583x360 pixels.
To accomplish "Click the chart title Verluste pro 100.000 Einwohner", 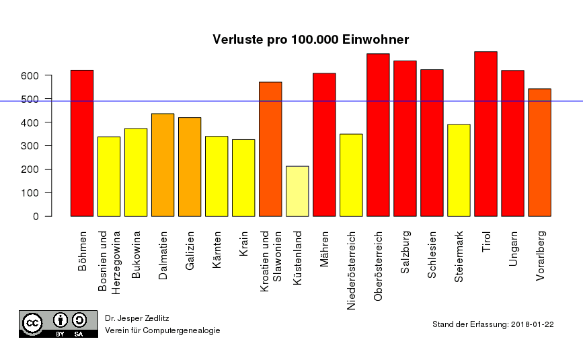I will pyautogui.click(x=311, y=40).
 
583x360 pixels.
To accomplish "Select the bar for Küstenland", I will pyautogui.click(x=297, y=191).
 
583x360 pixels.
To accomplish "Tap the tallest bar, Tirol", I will pyautogui.click(x=485, y=134).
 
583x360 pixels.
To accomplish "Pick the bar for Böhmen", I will pyautogui.click(x=82, y=143).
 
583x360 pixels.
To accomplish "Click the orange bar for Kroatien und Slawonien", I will pyautogui.click(x=270, y=149).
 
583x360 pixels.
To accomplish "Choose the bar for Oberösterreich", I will pyautogui.click(x=378, y=135).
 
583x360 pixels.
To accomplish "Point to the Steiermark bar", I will pyautogui.click(x=459, y=170).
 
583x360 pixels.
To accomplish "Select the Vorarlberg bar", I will pyautogui.click(x=539, y=153).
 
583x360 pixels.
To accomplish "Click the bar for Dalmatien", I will pyautogui.click(x=163, y=165).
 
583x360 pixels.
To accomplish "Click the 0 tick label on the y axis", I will pyautogui.click(x=36, y=216).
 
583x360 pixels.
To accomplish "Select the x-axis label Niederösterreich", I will pyautogui.click(x=351, y=271).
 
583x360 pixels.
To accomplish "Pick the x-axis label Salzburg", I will pyautogui.click(x=405, y=252).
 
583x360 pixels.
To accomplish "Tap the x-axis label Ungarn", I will pyautogui.click(x=512, y=249).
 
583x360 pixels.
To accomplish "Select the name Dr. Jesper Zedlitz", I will pyautogui.click(x=137, y=317).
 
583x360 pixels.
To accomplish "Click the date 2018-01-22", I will pyautogui.click(x=532, y=324).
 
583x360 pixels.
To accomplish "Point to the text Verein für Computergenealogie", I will pyautogui.click(x=162, y=330).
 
